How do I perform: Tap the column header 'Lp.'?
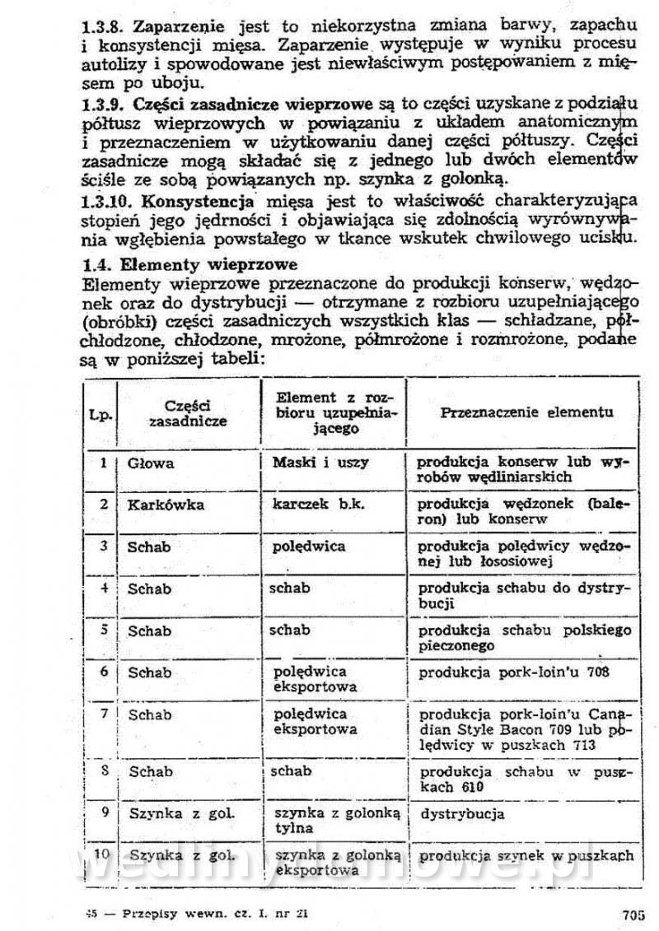pos(101,413)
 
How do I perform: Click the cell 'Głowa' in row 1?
pos(151,463)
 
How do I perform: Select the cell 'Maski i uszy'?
pos(320,463)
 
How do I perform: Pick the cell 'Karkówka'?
pos(166,505)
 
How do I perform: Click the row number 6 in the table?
pos(105,671)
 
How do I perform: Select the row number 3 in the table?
pos(105,546)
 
